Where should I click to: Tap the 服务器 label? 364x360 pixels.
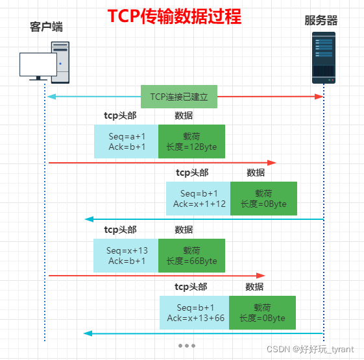pyautogui.click(x=321, y=21)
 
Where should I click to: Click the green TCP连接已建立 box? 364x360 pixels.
pyautogui.click(x=179, y=96)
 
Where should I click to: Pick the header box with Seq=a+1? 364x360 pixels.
pyautogui.click(x=127, y=141)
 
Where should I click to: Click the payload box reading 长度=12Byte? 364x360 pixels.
pyautogui.click(x=191, y=141)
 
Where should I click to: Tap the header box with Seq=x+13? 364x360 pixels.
pyautogui.click(x=127, y=256)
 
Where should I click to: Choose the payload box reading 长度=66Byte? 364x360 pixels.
pyautogui.click(x=191, y=256)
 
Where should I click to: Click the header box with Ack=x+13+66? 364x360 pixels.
pyautogui.click(x=195, y=313)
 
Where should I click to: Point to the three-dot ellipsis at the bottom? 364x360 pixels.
pyautogui.click(x=187, y=346)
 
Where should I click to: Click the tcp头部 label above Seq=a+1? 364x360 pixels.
pyautogui.click(x=120, y=115)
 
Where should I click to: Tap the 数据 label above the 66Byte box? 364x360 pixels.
pyautogui.click(x=184, y=230)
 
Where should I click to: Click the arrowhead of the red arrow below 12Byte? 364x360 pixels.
pyautogui.click(x=273, y=162)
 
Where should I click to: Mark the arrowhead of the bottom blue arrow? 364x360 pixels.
pyautogui.click(x=87, y=333)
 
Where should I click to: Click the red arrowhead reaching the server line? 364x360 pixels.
pyautogui.click(x=319, y=97)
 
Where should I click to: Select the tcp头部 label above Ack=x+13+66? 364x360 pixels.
pyautogui.click(x=191, y=287)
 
